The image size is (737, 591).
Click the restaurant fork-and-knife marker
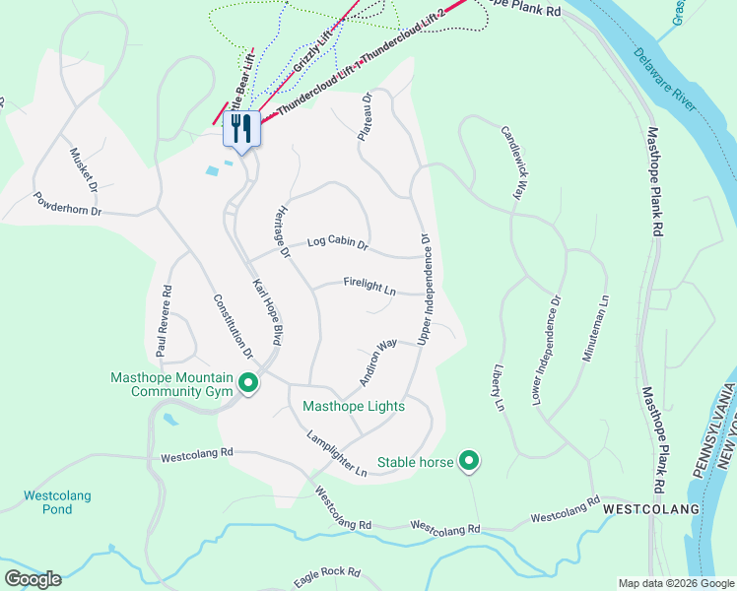(241, 128)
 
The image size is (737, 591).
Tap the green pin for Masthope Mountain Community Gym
(249, 383)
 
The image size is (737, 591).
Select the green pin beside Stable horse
(470, 460)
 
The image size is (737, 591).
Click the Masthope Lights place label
(354, 406)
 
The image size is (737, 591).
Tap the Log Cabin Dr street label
(337, 242)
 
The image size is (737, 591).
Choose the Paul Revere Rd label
(166, 320)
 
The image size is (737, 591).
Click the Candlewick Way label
(510, 163)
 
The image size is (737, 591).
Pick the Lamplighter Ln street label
(336, 455)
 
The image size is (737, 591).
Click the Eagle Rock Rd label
(327, 571)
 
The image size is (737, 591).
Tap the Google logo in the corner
(33, 578)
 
